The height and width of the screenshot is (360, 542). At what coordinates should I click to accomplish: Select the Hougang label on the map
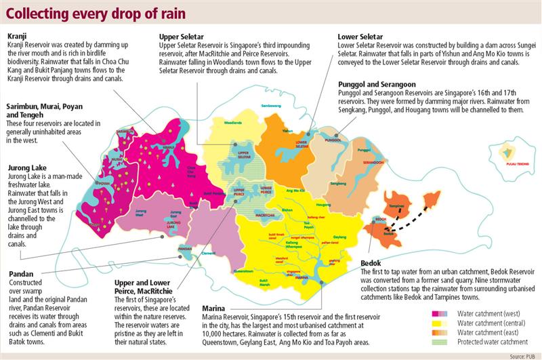[324, 203]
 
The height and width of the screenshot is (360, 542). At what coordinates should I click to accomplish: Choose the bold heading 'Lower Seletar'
[361, 37]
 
